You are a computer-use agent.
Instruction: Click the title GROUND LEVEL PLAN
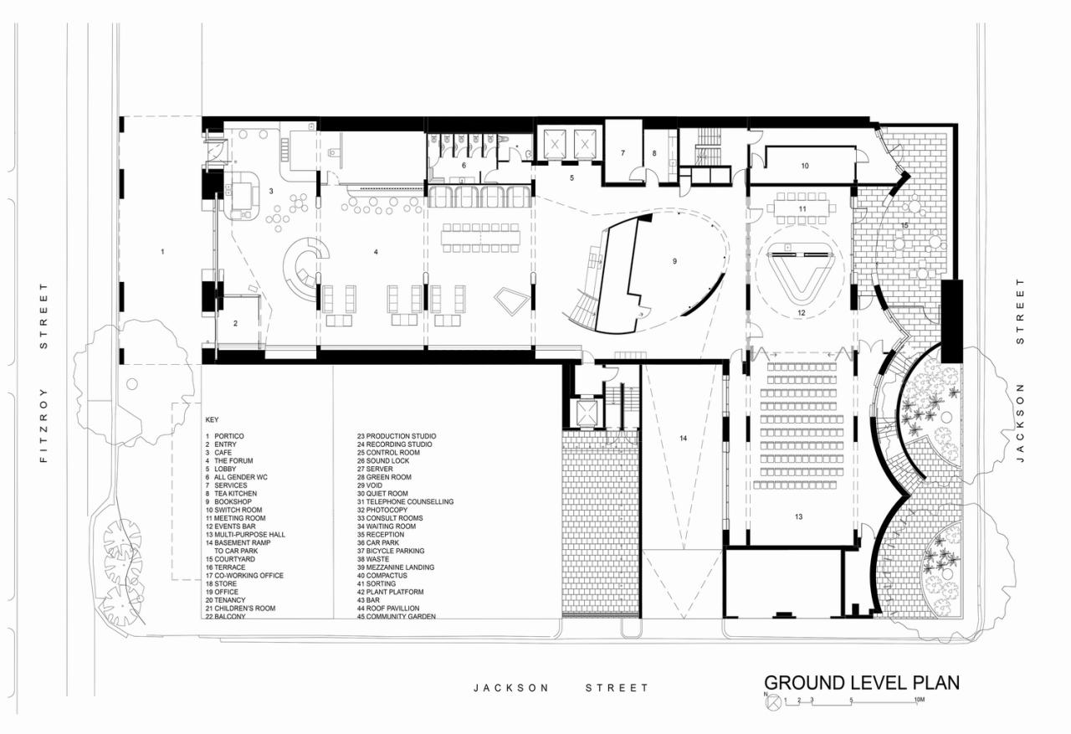(x=861, y=682)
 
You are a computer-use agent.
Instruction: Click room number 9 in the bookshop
(x=674, y=261)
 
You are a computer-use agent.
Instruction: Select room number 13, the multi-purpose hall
(x=799, y=517)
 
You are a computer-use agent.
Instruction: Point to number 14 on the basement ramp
(x=683, y=439)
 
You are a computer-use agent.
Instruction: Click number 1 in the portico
(x=163, y=251)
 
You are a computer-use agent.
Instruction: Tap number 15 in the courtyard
(x=904, y=226)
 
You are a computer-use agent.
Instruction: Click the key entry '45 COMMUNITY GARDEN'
(x=396, y=617)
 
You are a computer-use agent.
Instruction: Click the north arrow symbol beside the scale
(x=771, y=702)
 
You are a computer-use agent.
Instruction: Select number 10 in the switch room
(x=804, y=166)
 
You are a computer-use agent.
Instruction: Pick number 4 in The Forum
(x=376, y=251)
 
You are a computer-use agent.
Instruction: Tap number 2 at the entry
(x=236, y=322)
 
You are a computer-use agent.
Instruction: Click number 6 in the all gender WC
(x=464, y=166)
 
